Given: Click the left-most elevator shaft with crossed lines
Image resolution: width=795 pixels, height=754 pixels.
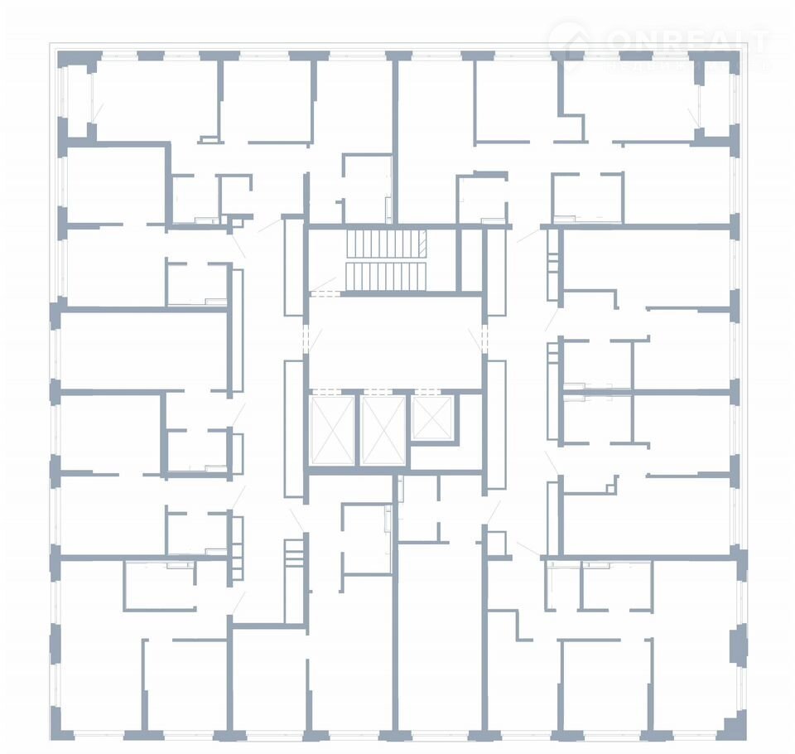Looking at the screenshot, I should click(331, 430).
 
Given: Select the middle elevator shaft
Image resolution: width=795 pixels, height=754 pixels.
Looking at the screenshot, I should click(384, 430).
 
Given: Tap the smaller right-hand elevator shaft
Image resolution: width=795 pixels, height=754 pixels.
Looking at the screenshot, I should click(432, 418).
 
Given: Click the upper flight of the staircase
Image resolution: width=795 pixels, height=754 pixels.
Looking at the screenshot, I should click(384, 244).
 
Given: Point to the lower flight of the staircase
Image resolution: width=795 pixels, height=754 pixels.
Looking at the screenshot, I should click(384, 276).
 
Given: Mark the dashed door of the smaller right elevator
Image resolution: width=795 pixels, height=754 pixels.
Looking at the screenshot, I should click(432, 390).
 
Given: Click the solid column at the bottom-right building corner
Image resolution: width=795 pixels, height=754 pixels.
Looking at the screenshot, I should click(732, 724).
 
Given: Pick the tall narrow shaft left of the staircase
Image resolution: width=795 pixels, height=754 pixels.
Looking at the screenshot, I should click(293, 265).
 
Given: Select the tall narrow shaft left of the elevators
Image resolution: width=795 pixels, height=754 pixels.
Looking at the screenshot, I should click(294, 428).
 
